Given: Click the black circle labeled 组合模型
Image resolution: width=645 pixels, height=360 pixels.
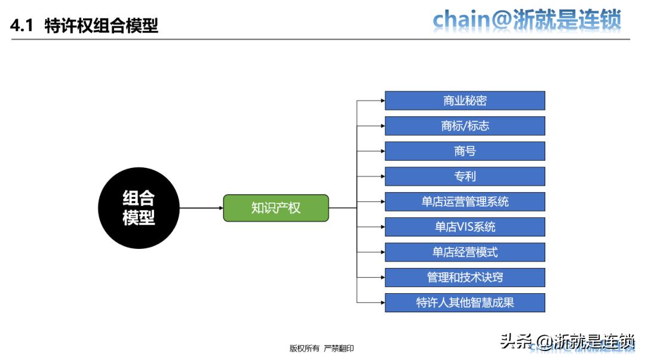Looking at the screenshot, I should point(139,208).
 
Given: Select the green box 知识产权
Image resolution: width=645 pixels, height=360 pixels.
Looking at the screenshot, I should point(276,208).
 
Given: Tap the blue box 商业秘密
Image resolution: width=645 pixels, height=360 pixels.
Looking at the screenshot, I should point(465,101).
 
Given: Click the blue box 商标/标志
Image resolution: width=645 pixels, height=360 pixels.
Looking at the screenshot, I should point(465,126).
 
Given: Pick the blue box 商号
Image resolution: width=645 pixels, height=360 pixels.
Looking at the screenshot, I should point(465,151).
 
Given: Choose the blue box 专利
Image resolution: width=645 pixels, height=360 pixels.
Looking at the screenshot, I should point(465,177).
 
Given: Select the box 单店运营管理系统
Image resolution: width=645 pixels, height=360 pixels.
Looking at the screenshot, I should point(465,202).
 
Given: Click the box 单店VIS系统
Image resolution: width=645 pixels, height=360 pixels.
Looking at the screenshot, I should point(465,227).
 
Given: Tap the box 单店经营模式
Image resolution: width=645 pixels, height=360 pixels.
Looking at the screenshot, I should point(465,252).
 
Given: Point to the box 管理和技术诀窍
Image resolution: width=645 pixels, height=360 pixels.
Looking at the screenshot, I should point(465,277).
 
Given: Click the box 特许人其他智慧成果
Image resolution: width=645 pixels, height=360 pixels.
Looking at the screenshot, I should point(465,303).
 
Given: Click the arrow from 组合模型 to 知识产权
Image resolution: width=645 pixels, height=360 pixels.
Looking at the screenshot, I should point(201,208).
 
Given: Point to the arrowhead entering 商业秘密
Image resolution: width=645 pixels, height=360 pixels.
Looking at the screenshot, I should point(382,101).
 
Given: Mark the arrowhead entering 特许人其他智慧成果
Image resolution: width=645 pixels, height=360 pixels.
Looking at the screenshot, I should point(382,303).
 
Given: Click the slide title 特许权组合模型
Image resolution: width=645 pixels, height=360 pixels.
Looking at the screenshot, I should point(102,26).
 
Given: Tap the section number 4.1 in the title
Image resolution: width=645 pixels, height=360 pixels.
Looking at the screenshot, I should point(23,26).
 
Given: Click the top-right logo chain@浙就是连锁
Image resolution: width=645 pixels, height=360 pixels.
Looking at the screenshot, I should point(527,20).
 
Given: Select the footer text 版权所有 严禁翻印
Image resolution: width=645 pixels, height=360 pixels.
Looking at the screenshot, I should point(321,348).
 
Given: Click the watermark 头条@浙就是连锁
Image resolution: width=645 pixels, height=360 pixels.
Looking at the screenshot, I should point(567,341).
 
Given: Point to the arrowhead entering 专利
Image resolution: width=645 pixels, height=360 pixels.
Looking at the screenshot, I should point(382,177).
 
